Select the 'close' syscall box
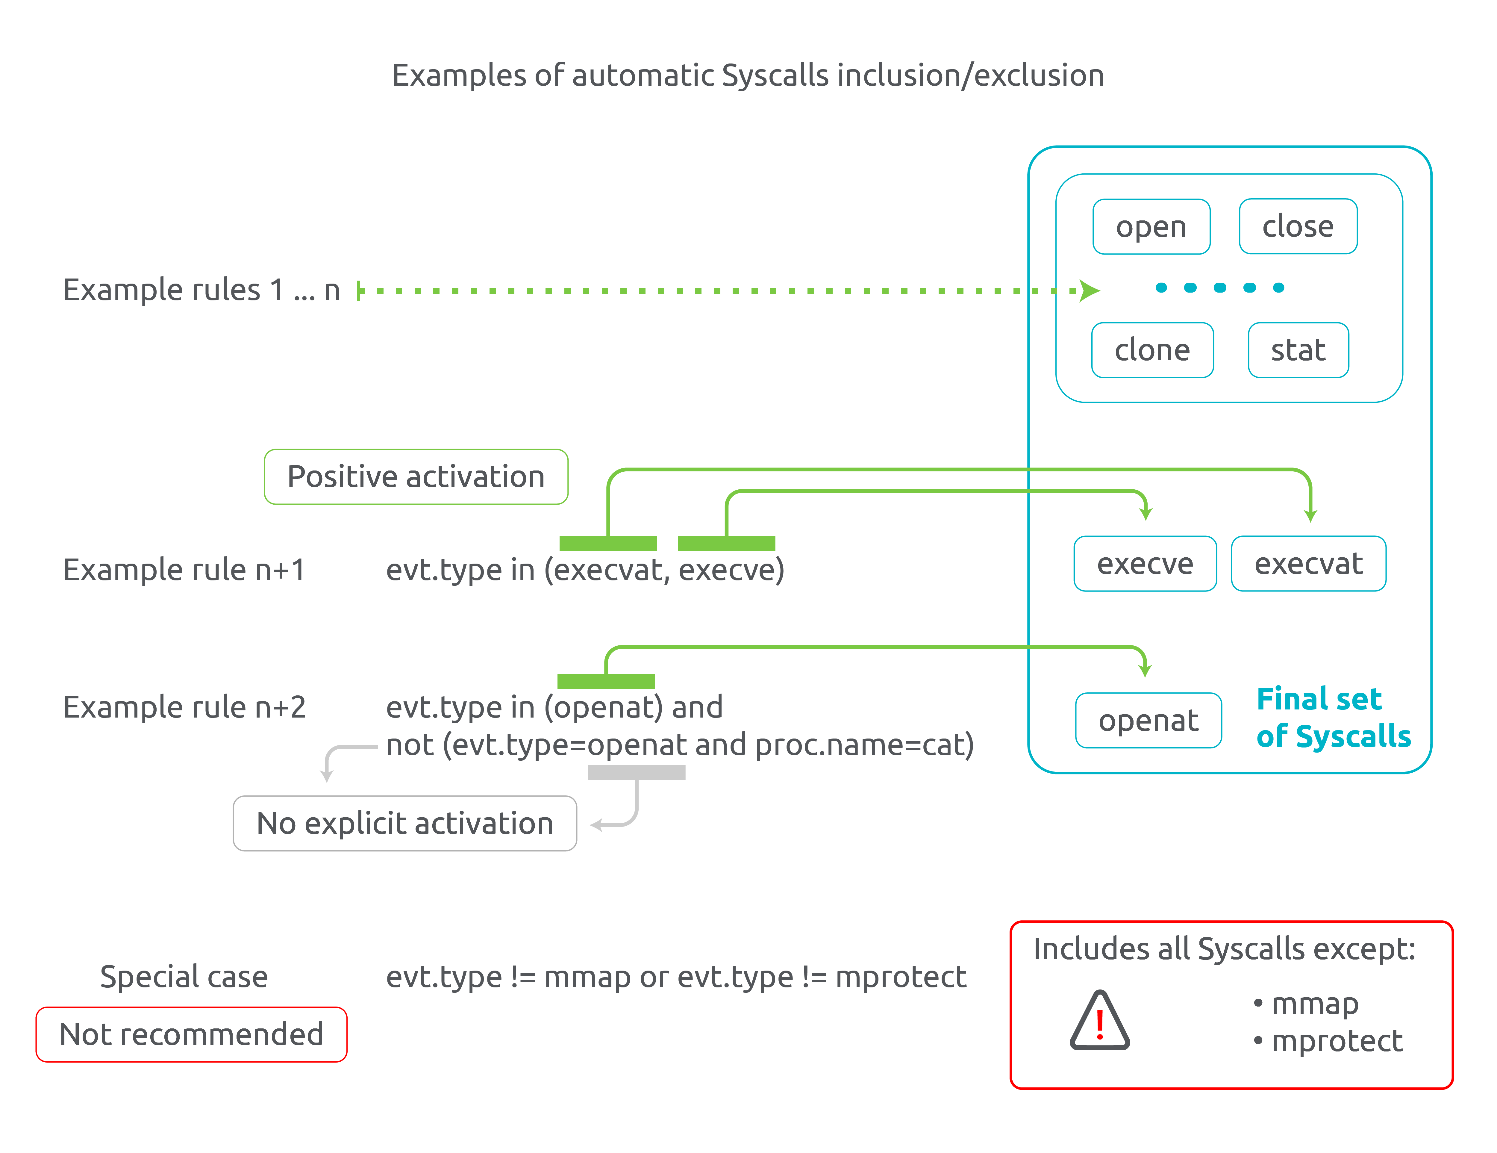click(1298, 226)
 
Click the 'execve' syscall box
click(1145, 564)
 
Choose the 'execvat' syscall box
click(1308, 564)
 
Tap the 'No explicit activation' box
click(404, 823)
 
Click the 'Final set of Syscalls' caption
click(1333, 718)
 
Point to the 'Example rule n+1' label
click(184, 570)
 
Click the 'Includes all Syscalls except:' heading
click(1224, 949)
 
